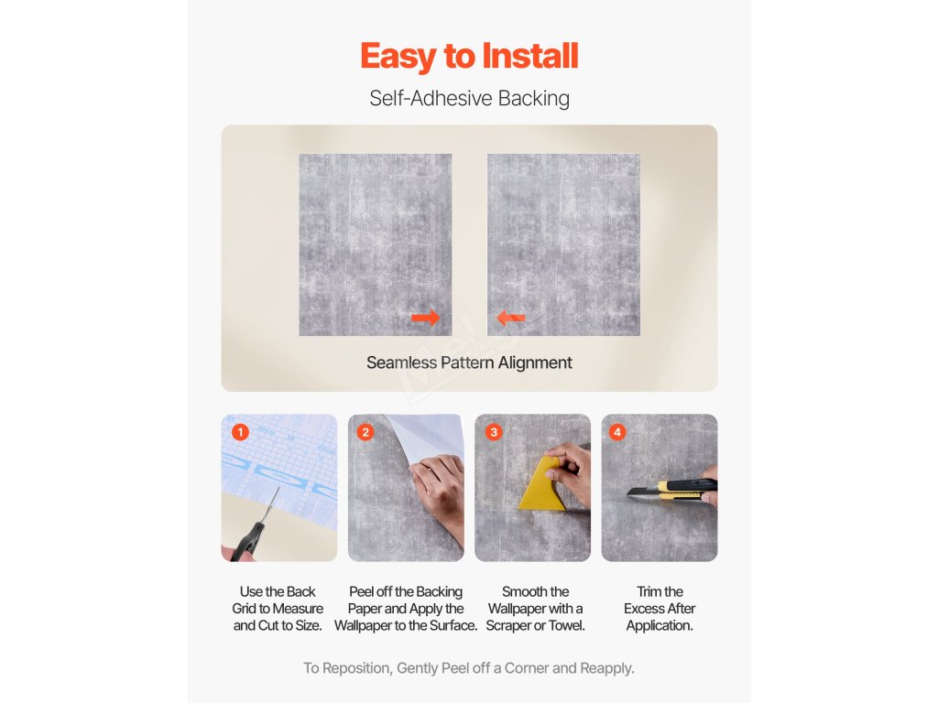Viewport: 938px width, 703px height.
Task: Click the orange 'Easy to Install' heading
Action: (x=469, y=57)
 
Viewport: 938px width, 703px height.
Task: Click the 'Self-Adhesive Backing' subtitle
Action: (x=469, y=98)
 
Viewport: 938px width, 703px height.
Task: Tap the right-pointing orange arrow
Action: (x=425, y=318)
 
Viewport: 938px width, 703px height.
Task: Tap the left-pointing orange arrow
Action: (x=510, y=318)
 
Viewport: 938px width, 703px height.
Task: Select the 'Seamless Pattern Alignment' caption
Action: (x=469, y=362)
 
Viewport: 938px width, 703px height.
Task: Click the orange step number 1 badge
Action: (x=241, y=432)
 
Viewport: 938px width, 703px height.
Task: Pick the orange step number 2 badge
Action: (x=365, y=432)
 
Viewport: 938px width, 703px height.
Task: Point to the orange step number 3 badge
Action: (x=494, y=432)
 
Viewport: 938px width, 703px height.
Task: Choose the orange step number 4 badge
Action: (x=617, y=432)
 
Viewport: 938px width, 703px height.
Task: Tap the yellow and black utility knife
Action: (x=673, y=489)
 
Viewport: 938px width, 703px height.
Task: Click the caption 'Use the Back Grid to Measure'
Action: (x=278, y=600)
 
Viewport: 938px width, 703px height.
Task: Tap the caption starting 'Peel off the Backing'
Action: (x=406, y=609)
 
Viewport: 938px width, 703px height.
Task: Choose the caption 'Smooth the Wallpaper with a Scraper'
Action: (x=535, y=609)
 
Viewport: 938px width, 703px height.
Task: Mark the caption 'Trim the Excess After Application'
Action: (x=660, y=609)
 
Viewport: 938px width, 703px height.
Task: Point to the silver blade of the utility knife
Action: (x=642, y=492)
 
